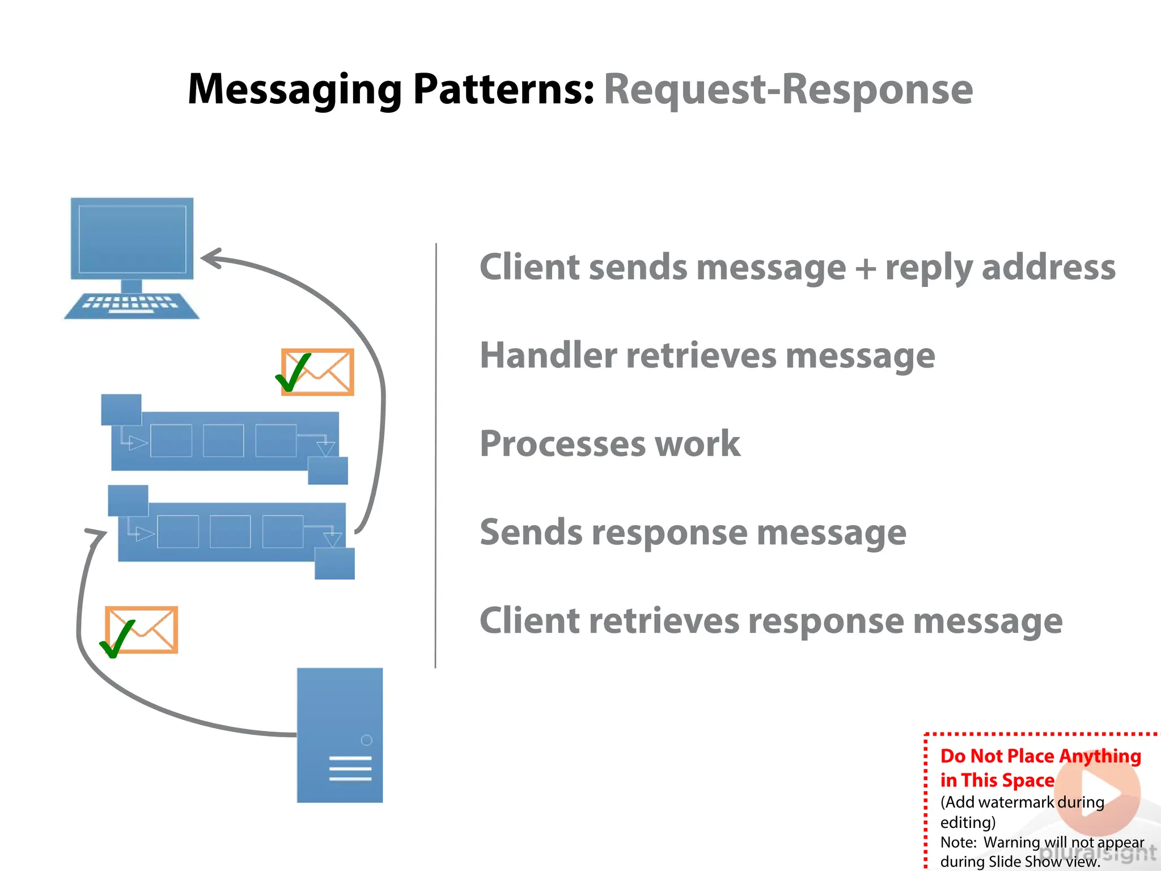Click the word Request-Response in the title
(788, 90)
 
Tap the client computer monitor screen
(132, 239)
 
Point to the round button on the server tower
(366, 740)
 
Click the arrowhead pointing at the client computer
(210, 259)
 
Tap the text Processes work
(609, 443)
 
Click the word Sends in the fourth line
(531, 532)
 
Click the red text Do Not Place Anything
(1040, 756)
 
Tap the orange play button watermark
(1098, 793)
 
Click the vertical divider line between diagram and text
(436, 454)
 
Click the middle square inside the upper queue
(223, 441)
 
